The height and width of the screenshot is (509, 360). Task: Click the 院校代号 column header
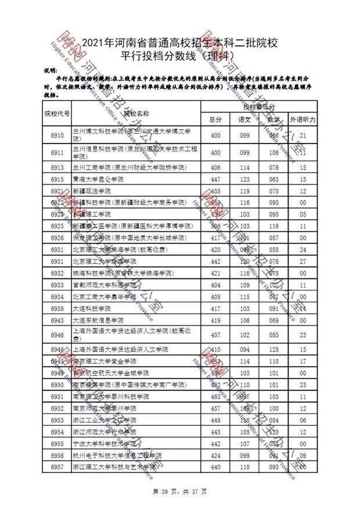57,113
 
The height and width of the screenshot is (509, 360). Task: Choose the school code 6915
57,179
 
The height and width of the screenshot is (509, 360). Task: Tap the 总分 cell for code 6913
216,167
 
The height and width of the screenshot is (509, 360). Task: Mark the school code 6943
57,320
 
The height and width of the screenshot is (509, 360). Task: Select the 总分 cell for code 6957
216,467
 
